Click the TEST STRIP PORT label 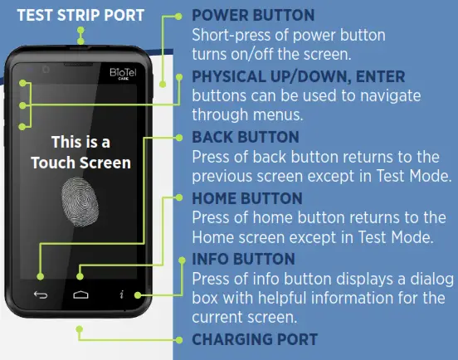(80, 14)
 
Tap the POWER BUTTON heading (253, 16)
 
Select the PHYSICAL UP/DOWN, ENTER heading (299, 76)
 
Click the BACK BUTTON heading (246, 136)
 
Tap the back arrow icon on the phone (41, 294)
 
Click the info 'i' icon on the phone (122, 294)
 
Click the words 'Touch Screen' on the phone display (80, 163)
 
